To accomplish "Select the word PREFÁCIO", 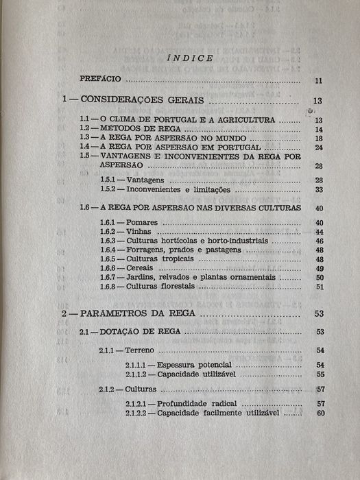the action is [x=100, y=80].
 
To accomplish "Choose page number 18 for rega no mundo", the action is [x=318, y=138].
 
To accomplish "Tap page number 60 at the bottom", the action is [x=320, y=413].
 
